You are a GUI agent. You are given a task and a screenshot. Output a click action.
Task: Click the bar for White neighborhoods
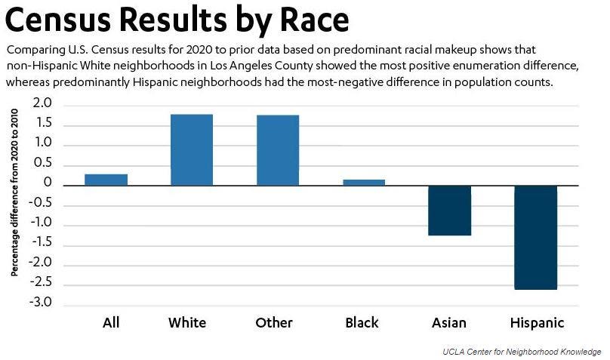coord(192,149)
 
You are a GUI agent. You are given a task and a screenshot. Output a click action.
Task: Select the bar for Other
coord(278,150)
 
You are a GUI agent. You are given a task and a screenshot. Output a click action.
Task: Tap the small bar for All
coord(106,180)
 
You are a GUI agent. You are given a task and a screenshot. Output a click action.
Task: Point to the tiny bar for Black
coord(364,182)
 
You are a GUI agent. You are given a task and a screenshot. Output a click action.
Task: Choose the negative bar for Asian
coord(449,211)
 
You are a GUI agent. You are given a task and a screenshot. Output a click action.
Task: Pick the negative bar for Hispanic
coord(536,238)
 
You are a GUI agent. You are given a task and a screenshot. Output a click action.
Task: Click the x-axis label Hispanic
coord(537,323)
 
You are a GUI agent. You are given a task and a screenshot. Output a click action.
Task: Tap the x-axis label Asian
coord(449,323)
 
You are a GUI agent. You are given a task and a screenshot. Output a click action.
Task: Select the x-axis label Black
coord(362,323)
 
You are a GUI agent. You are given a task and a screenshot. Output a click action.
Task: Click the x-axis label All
coord(111,323)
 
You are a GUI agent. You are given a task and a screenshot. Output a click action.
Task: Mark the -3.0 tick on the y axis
coord(40,303)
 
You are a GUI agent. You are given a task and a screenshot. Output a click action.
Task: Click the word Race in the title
coord(310,21)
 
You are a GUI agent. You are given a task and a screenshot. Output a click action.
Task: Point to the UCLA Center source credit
coord(522,352)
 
